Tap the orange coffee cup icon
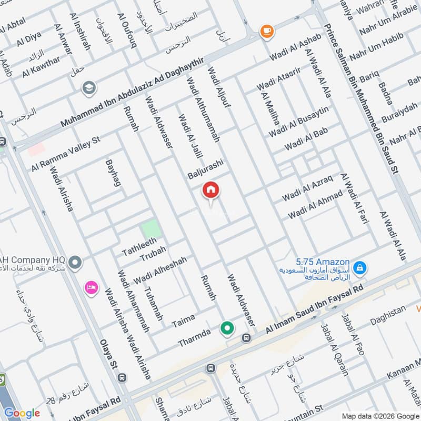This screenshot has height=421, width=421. click(267, 31)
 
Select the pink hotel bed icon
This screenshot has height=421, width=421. click(92, 288)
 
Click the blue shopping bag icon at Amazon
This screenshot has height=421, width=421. click(360, 268)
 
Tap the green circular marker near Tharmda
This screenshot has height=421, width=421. click(227, 329)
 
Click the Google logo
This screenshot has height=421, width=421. click(22, 413)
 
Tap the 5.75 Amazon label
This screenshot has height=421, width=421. click(323, 262)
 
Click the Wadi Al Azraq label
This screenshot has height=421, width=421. click(307, 189)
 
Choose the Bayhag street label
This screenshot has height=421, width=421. click(113, 173)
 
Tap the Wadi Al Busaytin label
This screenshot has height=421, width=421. click(298, 121)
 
